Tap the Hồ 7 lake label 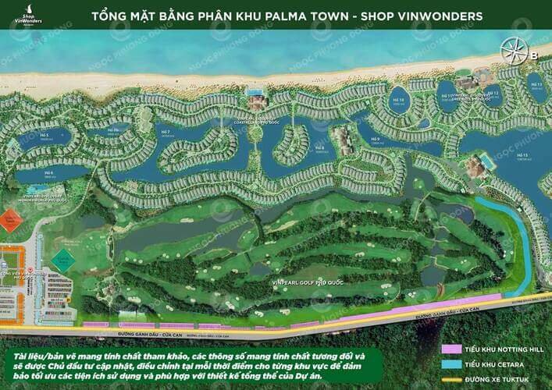165,133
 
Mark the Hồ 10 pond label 397,101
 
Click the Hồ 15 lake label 522,157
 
